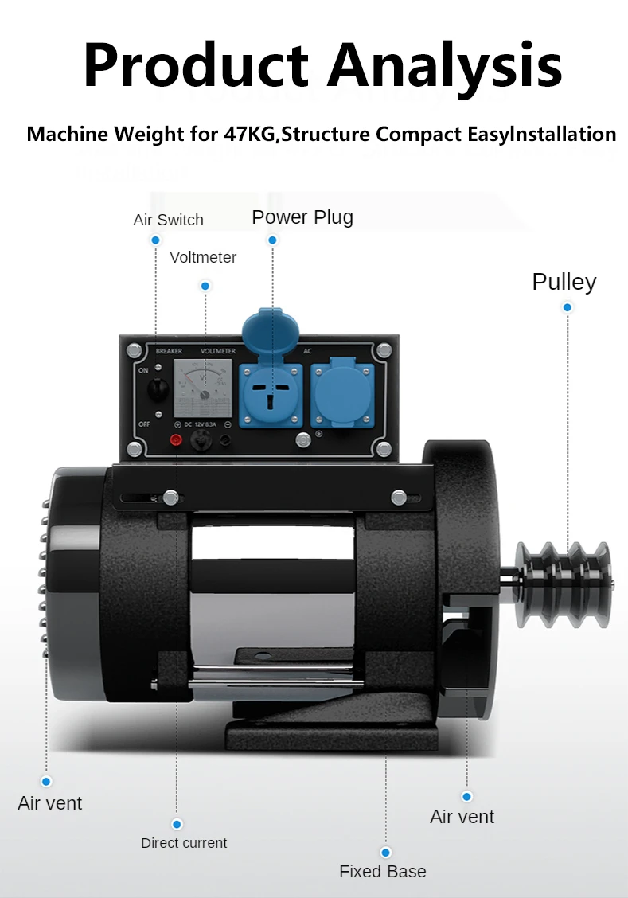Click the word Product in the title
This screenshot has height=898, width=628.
[195, 65]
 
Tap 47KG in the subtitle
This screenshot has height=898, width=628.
[248, 134]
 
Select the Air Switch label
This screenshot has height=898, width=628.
[168, 220]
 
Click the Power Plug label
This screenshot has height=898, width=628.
[302, 217]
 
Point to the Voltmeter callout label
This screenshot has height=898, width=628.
[203, 257]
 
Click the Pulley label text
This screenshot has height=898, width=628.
[564, 282]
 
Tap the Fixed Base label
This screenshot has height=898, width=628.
[382, 871]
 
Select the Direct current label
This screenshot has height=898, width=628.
[184, 842]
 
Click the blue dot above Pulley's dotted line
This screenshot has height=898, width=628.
[568, 307]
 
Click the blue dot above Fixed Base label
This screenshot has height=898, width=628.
[386, 852]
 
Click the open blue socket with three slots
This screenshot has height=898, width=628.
[271, 393]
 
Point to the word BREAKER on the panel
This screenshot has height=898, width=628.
[169, 350]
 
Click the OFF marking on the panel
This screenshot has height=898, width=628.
[144, 424]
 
